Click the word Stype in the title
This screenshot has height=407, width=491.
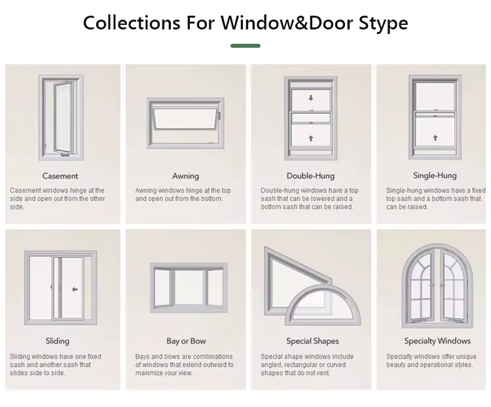pos(383,23)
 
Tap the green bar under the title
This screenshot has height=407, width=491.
pos(245,46)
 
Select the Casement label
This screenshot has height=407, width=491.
pos(60,176)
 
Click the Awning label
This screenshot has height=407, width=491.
pos(186,176)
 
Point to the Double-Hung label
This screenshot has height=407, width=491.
pos(310,176)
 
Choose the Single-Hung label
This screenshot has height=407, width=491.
pos(435,175)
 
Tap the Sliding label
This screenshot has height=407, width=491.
pos(58,341)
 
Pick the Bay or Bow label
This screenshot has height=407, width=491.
pos(186,341)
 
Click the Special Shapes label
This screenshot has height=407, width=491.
pos(312,341)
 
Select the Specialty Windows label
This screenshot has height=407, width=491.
pos(437,341)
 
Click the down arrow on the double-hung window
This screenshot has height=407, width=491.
pos(311,98)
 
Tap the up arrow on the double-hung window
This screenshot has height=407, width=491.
pos(311,138)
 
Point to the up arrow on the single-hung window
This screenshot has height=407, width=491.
pos(435,138)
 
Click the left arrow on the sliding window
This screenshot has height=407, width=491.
pos(75,290)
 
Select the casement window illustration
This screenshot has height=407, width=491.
pos(61,117)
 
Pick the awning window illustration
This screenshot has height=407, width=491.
pos(186,124)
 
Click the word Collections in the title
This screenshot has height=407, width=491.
pos(132,23)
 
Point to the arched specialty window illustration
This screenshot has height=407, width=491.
pos(437,286)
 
